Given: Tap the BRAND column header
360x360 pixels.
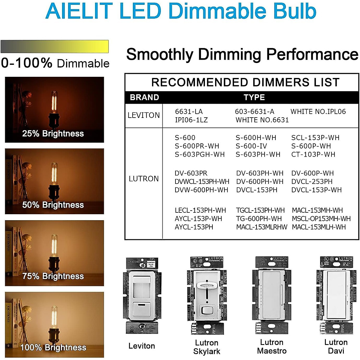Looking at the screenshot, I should pos(144,97).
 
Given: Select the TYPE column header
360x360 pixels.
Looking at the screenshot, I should pos(254,97).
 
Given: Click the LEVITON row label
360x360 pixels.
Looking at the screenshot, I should pos(144,115).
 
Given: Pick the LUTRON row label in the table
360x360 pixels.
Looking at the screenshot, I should pos(144,179).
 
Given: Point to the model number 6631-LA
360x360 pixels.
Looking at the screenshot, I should pos(189,112).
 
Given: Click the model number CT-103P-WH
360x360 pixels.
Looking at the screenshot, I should pos(313,154).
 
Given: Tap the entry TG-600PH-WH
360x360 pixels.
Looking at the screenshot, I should pos(259,219).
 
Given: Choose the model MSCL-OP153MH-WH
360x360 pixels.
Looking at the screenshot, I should pos(321,219).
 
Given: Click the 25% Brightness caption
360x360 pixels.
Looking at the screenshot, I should pos(53,134).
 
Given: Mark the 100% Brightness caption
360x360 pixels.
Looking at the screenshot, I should pos(53,348).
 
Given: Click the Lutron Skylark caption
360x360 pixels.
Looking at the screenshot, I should pos(207,347).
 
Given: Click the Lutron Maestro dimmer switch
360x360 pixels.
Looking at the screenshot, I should pos(271,295).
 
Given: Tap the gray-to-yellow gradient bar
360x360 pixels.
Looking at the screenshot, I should pos(55,47).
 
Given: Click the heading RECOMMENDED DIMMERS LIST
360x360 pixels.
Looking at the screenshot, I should pos(245,82).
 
